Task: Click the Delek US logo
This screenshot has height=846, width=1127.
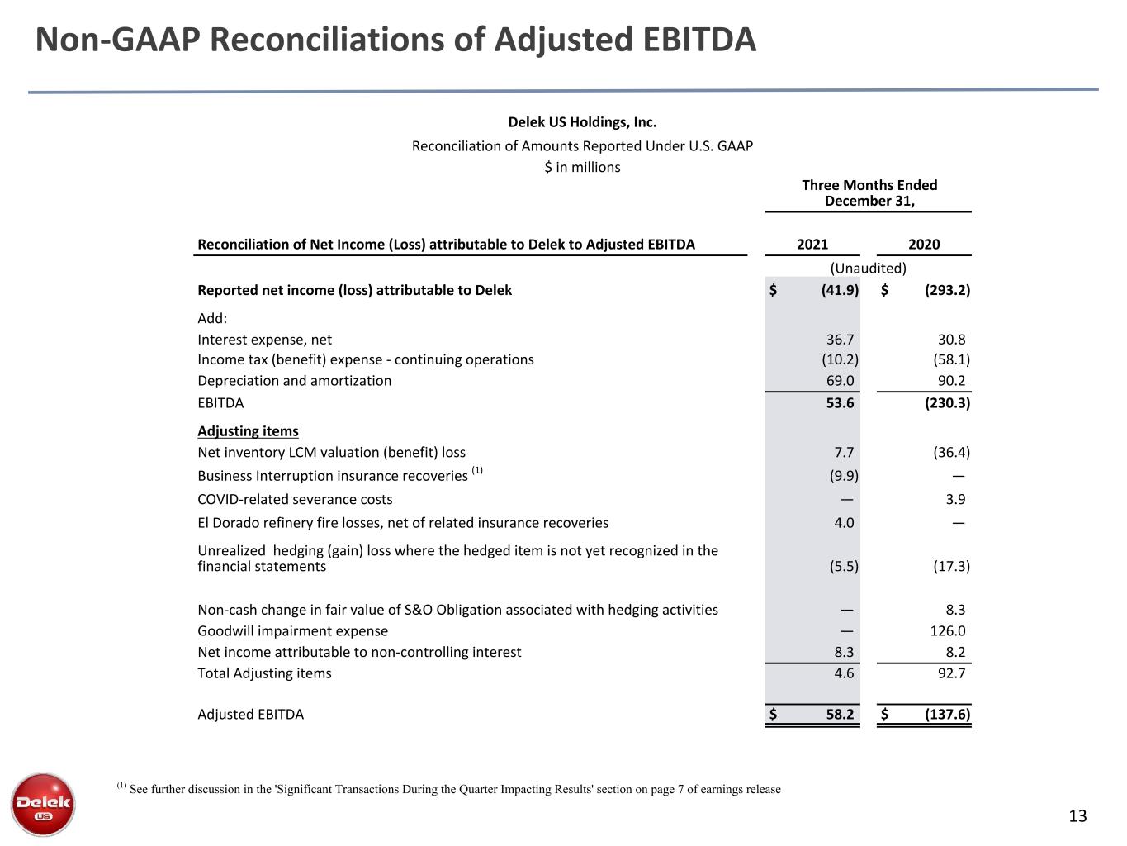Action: [43, 805]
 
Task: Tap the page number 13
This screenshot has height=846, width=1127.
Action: [1077, 815]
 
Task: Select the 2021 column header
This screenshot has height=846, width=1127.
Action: [812, 244]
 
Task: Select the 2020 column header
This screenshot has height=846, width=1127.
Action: [924, 244]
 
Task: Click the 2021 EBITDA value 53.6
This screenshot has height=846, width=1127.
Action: [840, 402]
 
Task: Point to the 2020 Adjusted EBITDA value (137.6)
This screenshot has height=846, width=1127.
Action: [947, 714]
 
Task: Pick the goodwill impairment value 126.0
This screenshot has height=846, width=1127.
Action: [948, 630]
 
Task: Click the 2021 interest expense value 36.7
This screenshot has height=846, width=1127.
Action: [840, 340]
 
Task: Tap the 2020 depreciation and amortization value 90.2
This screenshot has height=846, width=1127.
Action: [951, 381]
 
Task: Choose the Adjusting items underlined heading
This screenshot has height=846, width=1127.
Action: [248, 431]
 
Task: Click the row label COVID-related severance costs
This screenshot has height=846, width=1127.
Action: [295, 499]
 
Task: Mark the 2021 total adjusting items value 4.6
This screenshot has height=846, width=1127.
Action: [844, 673]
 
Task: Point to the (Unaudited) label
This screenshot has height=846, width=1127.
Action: [869, 269]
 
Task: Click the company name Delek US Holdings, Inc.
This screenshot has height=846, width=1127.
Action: [582, 122]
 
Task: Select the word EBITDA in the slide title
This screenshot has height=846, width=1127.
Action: [698, 40]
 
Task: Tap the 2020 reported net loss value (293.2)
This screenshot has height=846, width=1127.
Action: [947, 290]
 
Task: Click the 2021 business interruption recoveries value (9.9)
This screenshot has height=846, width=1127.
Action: [844, 476]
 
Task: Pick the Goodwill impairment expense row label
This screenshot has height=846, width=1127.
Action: [292, 630]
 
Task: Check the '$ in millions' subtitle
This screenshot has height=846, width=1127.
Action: [582, 167]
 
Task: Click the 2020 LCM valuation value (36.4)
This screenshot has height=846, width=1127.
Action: [951, 452]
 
